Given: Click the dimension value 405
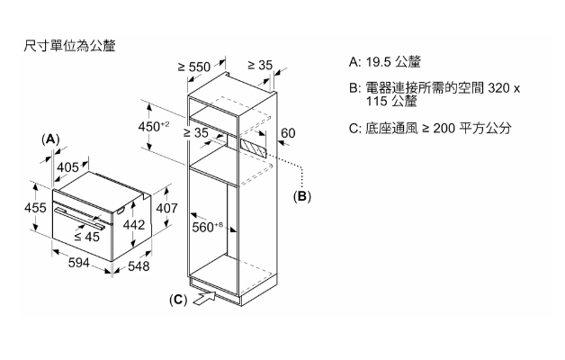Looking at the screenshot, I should (x=67, y=166).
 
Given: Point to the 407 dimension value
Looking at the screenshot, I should (x=167, y=209).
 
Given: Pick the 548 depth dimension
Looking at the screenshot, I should (x=139, y=266).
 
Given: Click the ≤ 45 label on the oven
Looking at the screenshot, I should (x=86, y=237).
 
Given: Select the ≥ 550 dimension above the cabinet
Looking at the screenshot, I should (x=193, y=66).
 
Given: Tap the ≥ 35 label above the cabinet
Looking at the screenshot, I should (x=260, y=66).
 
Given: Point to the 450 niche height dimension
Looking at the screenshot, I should (x=153, y=126).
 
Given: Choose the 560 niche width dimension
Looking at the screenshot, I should (x=208, y=227).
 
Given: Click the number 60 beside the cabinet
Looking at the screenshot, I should (x=288, y=133).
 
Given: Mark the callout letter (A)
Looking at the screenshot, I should (x=50, y=139).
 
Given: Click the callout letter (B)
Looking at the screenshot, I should (x=303, y=195).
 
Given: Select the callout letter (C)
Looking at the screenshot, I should (x=178, y=299).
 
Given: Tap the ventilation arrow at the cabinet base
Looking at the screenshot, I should (x=203, y=299).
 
